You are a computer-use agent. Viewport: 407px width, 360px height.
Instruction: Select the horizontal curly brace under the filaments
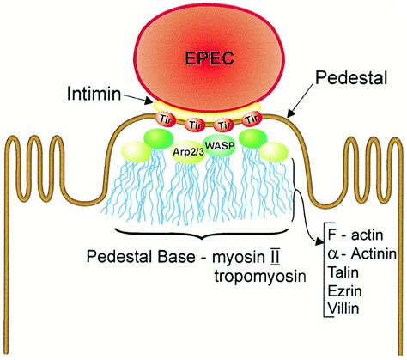[203, 233]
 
